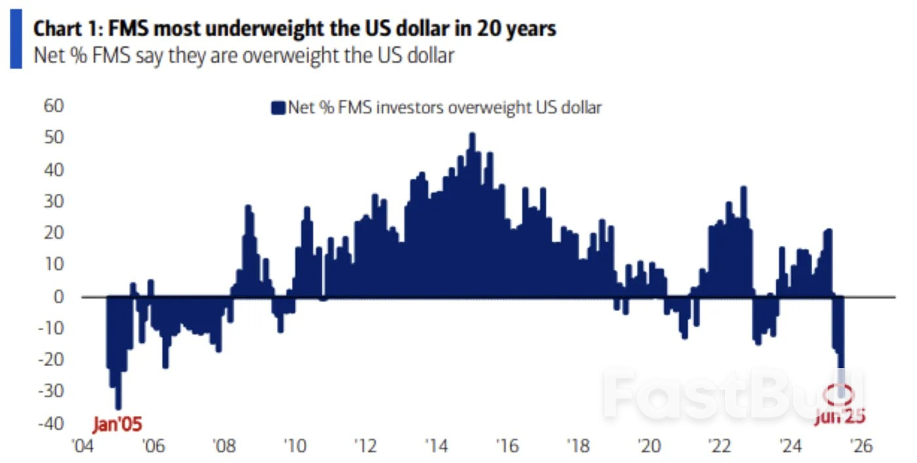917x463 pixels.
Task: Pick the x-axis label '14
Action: tap(435, 447)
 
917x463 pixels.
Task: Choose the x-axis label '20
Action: tap(648, 447)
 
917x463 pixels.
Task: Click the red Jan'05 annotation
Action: tap(117, 424)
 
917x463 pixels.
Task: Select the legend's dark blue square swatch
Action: tap(279, 108)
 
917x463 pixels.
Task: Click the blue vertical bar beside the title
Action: tap(15, 42)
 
